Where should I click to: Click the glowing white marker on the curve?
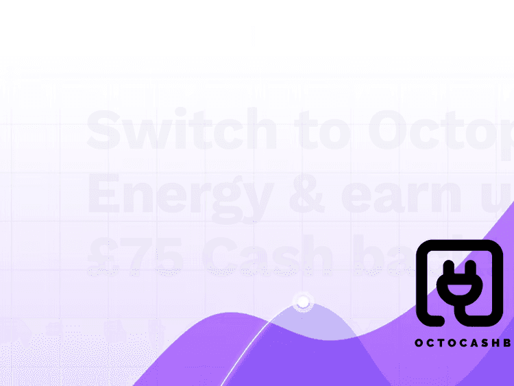(302, 302)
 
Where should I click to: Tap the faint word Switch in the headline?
(182, 130)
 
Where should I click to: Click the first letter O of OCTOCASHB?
(419, 343)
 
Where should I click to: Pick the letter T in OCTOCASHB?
(447, 343)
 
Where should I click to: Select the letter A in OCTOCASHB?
(475, 343)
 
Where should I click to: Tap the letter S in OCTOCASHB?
(488, 343)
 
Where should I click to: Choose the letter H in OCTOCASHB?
(501, 343)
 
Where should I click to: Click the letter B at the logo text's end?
(511, 343)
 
